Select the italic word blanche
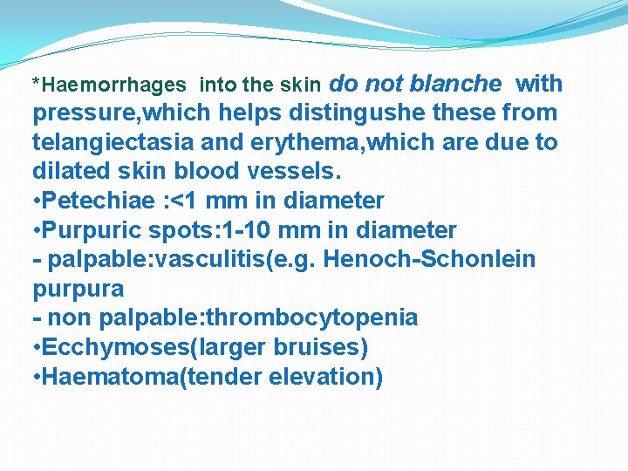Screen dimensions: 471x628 pos(455,84)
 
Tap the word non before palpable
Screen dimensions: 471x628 pos(70,318)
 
